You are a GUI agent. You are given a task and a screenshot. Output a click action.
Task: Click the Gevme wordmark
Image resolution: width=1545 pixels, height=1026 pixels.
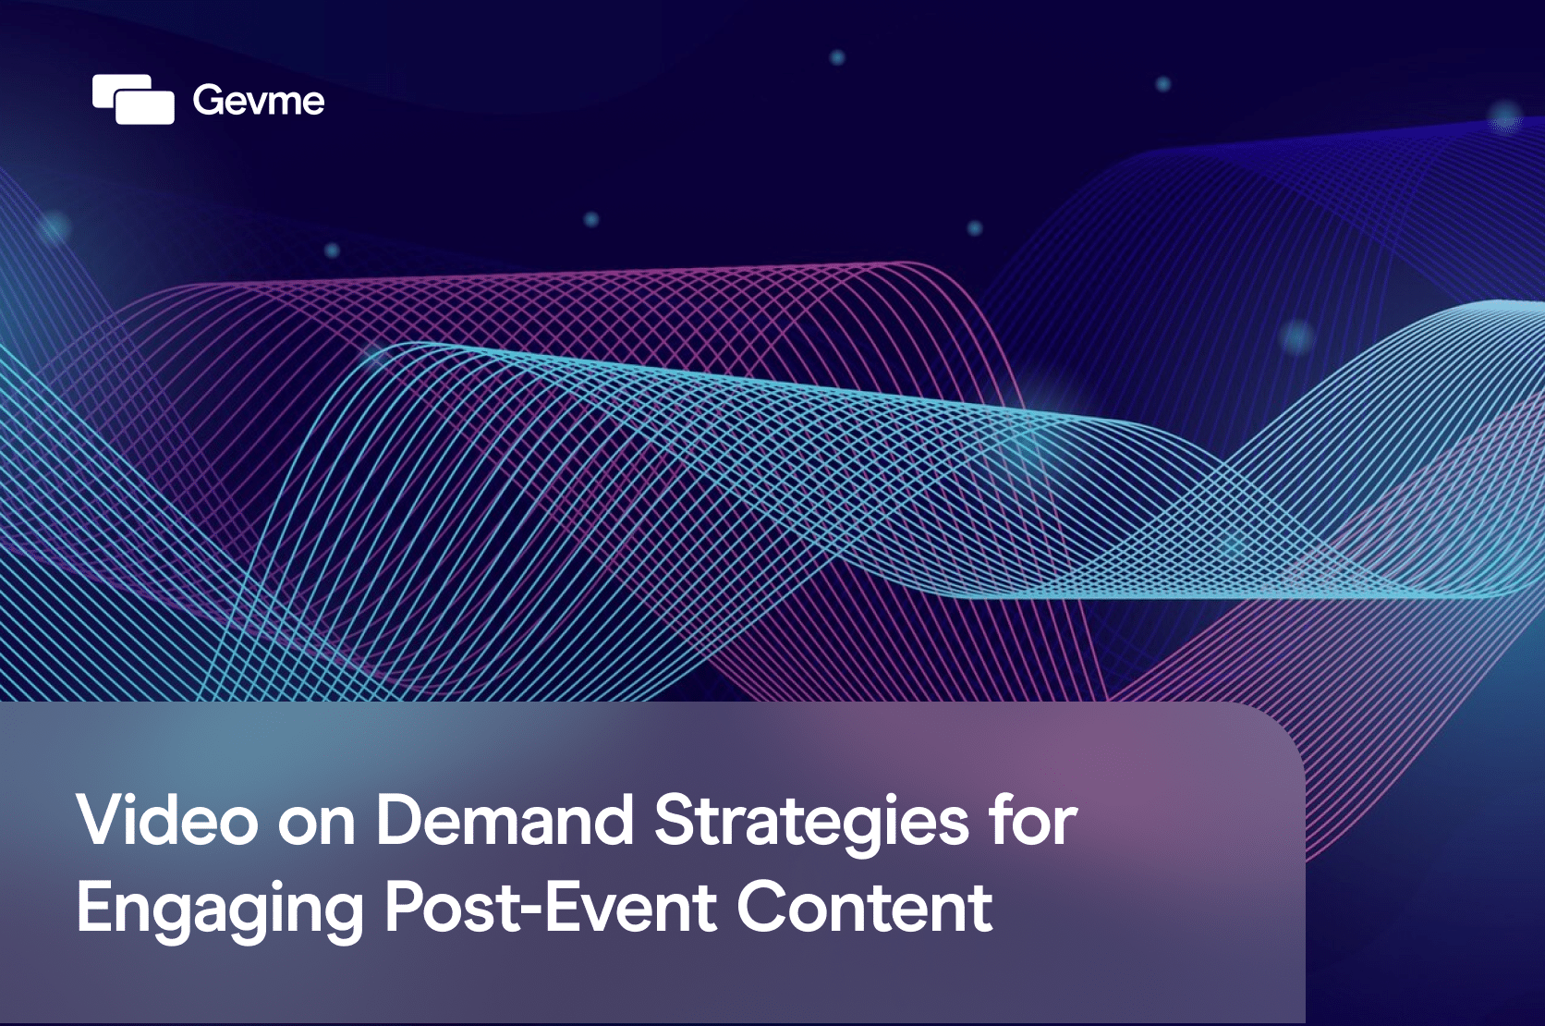click(x=259, y=101)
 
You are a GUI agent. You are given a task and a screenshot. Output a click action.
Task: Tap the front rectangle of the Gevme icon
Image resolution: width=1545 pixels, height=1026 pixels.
click(x=145, y=107)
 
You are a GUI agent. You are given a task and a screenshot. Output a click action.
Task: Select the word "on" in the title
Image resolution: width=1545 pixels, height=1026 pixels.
click(x=317, y=826)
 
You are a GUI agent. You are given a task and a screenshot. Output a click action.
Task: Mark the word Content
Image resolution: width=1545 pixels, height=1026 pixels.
click(x=865, y=907)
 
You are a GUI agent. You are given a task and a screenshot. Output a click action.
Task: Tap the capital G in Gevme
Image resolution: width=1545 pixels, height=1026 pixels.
click(x=209, y=101)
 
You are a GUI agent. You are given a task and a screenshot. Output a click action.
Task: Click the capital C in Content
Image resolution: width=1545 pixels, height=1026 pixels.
click(x=763, y=907)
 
